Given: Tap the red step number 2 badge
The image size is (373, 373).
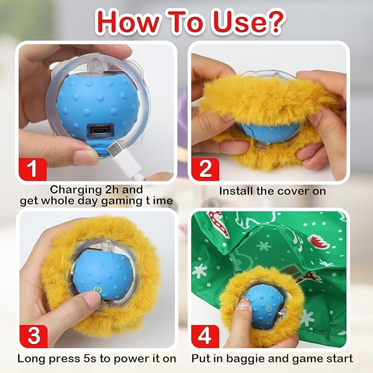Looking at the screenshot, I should coord(204,168).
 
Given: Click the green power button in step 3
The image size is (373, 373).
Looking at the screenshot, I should coord(98,290).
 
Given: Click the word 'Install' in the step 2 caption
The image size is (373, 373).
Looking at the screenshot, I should coord(237,191).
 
